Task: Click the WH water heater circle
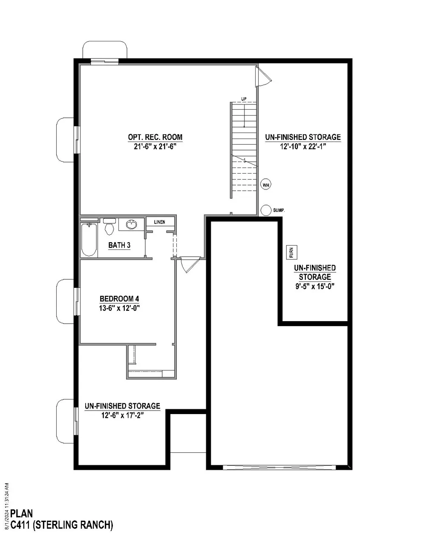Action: (265, 185)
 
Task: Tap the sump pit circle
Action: (266, 210)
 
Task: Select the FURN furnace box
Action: (291, 252)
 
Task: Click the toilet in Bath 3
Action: (109, 226)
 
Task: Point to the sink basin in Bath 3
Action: (131, 224)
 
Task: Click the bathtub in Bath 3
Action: (89, 239)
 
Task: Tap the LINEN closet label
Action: (159, 222)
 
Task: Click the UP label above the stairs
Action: (244, 99)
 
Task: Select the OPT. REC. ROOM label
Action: (155, 137)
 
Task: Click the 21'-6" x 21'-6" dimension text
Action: (155, 147)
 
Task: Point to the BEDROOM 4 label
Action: (119, 299)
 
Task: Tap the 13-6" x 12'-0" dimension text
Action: (119, 308)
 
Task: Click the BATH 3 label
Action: (119, 245)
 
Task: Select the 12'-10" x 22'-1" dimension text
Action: (303, 147)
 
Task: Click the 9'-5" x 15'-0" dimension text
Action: (315, 286)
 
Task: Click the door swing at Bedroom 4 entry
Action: (190, 264)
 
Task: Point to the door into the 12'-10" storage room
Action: (263, 76)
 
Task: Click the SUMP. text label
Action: (279, 210)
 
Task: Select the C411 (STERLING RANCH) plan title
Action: (62, 525)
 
